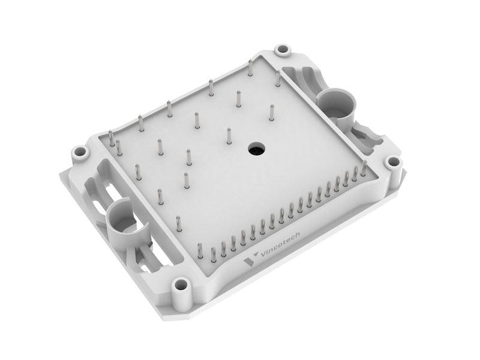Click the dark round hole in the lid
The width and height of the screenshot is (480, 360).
coord(256,148)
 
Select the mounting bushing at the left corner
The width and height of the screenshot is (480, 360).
coord(79,151)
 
